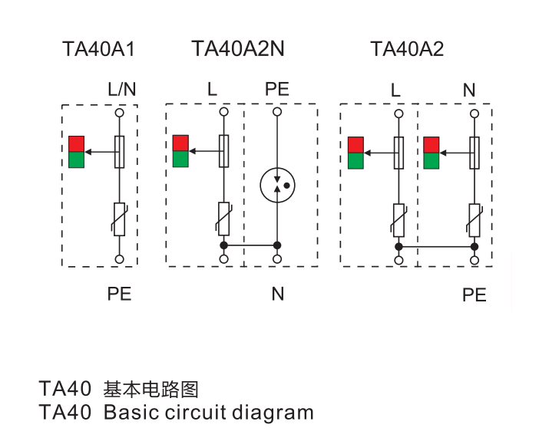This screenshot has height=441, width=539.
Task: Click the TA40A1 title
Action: (x=98, y=49)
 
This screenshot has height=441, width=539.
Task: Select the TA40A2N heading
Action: (x=238, y=49)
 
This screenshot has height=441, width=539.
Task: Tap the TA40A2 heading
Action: (x=407, y=49)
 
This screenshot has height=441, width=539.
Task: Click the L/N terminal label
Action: (x=121, y=89)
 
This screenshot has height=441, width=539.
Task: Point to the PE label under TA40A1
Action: (x=119, y=294)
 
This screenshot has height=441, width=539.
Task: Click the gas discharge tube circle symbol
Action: (x=277, y=185)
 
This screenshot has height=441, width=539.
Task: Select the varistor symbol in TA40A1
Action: (x=119, y=219)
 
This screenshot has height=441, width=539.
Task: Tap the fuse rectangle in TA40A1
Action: (x=119, y=152)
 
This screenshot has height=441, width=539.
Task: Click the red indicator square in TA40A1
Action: (x=76, y=144)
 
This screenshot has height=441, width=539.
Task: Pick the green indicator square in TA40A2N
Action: (x=180, y=159)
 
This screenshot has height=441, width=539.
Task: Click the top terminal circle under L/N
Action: (x=119, y=113)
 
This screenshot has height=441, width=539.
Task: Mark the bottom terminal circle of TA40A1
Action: (x=119, y=259)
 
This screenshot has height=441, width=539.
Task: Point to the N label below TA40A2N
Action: (x=278, y=294)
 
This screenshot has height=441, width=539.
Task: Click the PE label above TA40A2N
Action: (x=277, y=89)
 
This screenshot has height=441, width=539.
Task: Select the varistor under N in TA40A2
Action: (x=475, y=221)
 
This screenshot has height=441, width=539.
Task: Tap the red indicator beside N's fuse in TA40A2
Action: (x=431, y=145)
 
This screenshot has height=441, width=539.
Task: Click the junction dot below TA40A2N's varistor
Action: (x=223, y=245)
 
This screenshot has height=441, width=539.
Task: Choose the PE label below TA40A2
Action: (x=475, y=295)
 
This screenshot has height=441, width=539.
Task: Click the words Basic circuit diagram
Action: (x=209, y=412)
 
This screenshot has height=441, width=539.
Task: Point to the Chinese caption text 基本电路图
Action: (x=151, y=390)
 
